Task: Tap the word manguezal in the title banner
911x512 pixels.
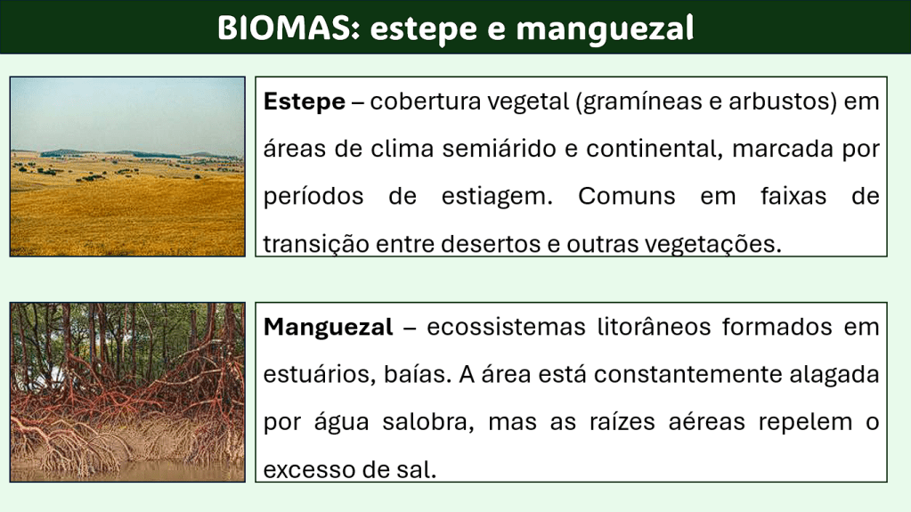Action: (605, 29)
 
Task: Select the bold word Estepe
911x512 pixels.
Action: (305, 102)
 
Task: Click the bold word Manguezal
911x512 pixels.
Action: (329, 328)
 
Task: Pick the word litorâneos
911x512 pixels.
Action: (655, 327)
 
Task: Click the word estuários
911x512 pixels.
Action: (320, 374)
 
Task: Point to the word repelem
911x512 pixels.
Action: (805, 422)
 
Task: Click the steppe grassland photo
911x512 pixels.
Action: (127, 167)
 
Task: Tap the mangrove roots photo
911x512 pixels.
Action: (127, 392)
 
